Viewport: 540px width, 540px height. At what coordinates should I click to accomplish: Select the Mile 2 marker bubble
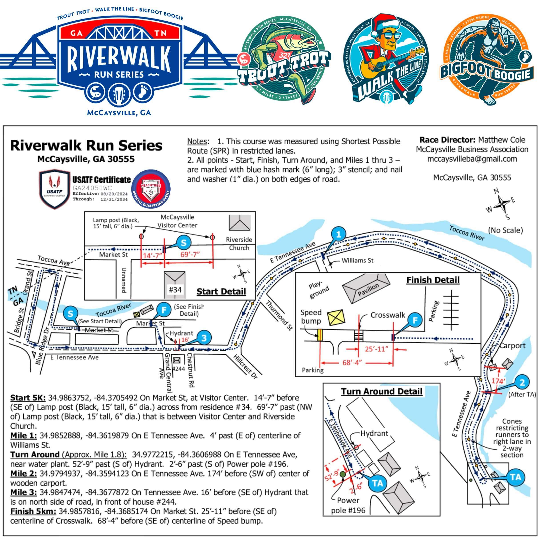coord(522,382)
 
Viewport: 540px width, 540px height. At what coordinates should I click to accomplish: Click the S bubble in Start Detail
coord(183,243)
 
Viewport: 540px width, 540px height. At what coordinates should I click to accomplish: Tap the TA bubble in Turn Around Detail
coord(377,483)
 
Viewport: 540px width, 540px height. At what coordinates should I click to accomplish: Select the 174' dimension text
coord(498,381)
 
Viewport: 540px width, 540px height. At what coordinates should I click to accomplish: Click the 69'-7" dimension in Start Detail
coord(190,254)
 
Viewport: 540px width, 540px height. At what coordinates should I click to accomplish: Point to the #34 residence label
coord(175,290)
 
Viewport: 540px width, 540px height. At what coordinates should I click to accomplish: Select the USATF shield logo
coord(54,189)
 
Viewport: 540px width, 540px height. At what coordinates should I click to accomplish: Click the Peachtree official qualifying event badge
coord(151,189)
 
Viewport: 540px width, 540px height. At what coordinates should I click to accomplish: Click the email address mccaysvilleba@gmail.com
coord(472,159)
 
